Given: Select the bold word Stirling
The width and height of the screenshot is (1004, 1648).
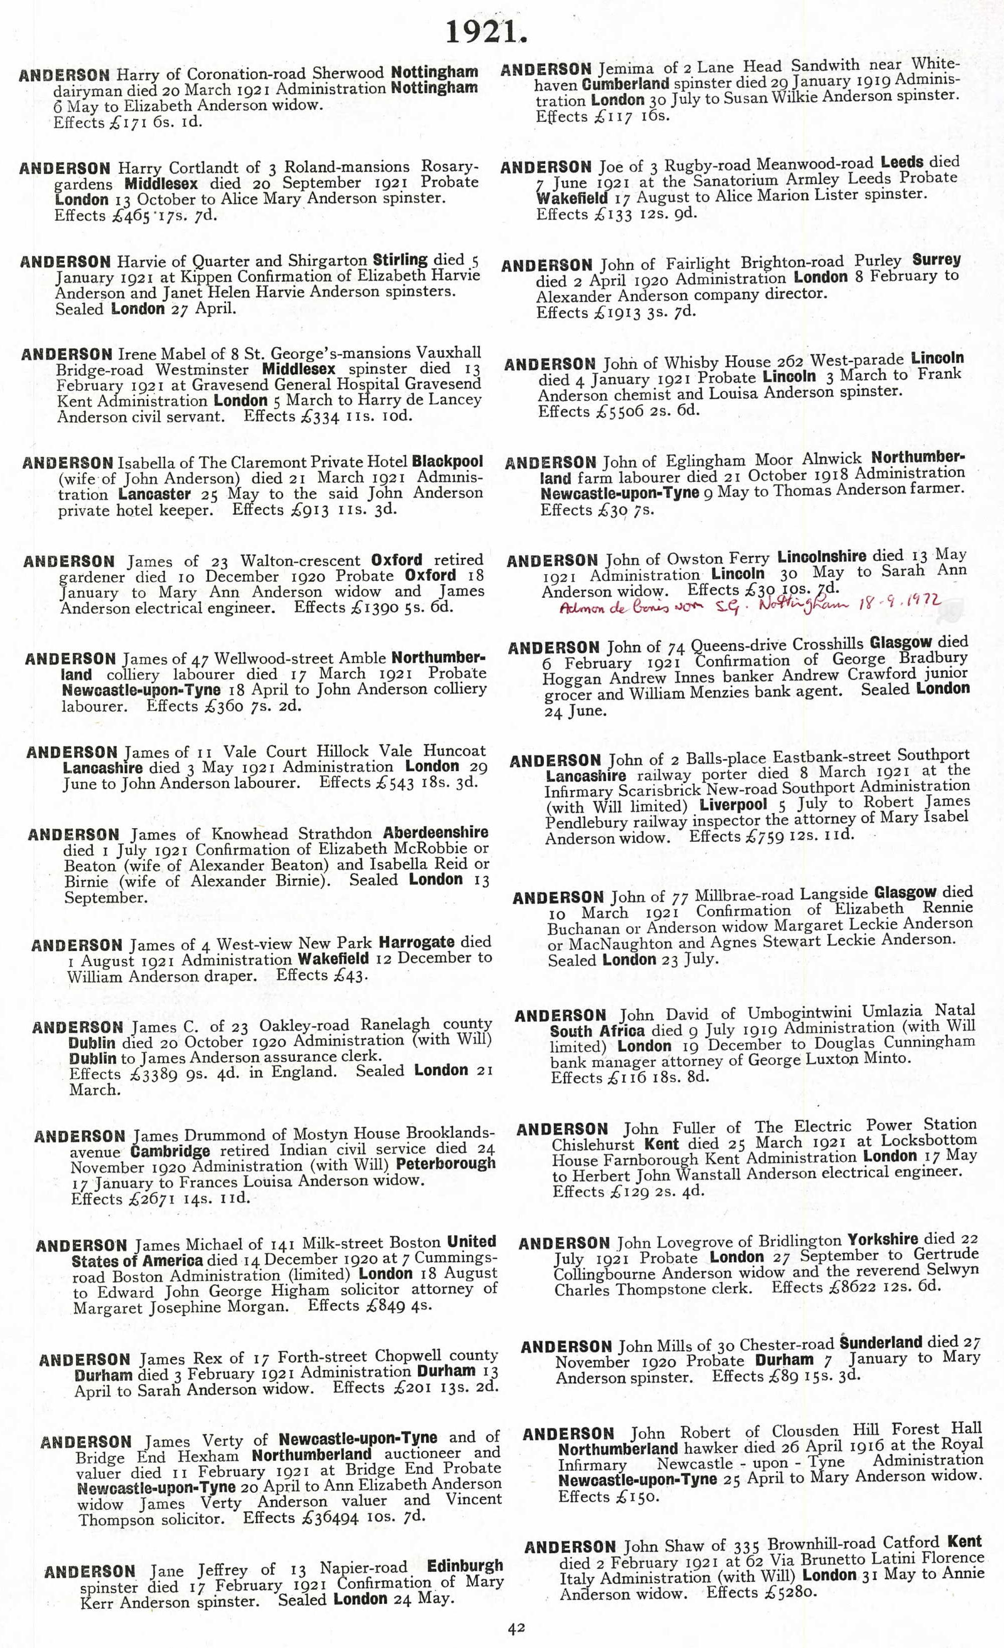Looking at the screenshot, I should (x=400, y=260).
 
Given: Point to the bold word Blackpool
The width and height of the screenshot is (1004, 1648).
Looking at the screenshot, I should (x=448, y=461).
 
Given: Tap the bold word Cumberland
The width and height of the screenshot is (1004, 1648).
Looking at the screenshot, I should (x=626, y=84).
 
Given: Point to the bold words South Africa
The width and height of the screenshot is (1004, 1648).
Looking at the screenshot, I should (x=597, y=1031).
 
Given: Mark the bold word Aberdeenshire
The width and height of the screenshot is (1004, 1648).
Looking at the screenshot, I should (x=436, y=833).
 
